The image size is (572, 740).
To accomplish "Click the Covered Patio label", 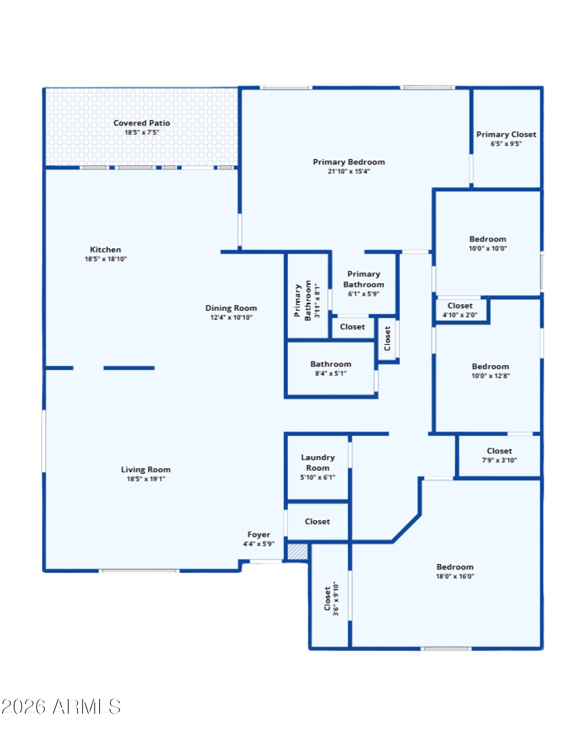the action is (141, 123).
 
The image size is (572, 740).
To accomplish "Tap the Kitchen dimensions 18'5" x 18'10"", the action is (106, 259).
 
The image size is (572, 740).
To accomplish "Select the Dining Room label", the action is (231, 308).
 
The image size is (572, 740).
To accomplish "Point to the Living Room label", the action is (146, 469).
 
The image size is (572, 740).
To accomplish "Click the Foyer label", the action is (259, 535).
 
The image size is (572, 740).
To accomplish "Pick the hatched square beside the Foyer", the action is (298, 552).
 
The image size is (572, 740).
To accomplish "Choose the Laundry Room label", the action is (318, 463).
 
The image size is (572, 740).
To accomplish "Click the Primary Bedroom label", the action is (349, 162).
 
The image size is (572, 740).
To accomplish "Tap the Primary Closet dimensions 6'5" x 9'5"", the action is (506, 144).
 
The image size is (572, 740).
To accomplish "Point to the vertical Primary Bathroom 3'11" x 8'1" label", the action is (307, 300).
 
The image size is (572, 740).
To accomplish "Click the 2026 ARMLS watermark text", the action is (61, 707).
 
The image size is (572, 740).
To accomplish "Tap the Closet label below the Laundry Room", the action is (317, 522).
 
